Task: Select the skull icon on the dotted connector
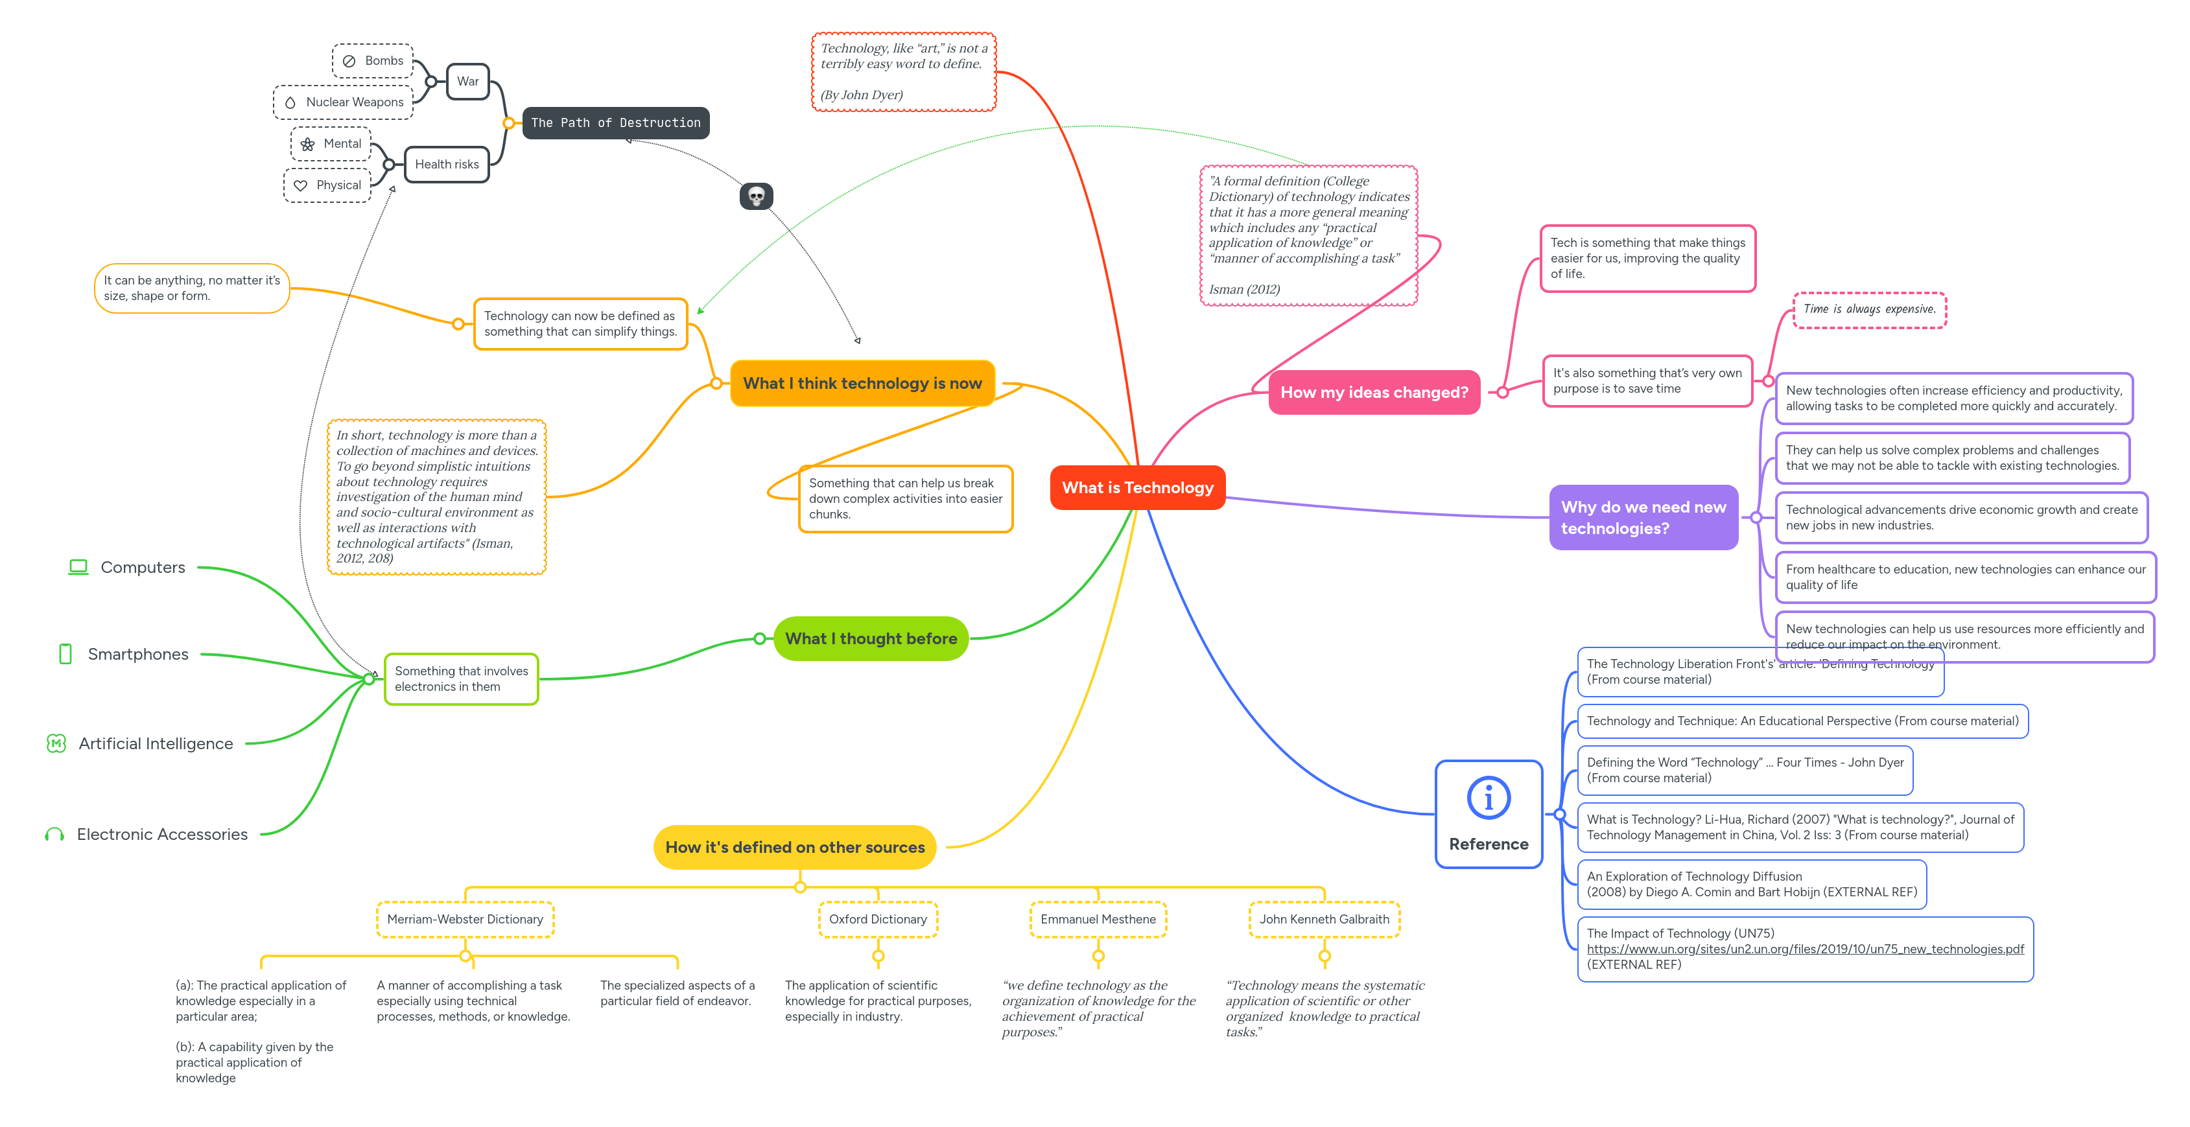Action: pos(756,196)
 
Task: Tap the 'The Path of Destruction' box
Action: pos(615,123)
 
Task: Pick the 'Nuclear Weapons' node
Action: pos(344,102)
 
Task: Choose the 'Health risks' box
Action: pos(446,164)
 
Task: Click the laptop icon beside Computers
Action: pos(78,567)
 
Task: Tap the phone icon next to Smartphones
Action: pos(65,654)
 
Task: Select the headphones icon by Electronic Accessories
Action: pos(54,835)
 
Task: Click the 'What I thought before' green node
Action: pos(871,638)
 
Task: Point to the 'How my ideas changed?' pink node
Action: pos(1374,393)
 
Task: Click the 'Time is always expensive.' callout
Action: pos(1868,309)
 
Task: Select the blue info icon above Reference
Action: pos(1489,798)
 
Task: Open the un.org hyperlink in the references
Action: pos(1805,949)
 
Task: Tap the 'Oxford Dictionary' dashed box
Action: pos(877,920)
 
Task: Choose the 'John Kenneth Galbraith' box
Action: pos(1324,920)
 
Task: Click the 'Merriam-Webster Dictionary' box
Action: pos(465,920)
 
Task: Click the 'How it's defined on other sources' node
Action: pos(794,848)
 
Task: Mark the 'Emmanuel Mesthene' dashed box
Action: pos(1098,920)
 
